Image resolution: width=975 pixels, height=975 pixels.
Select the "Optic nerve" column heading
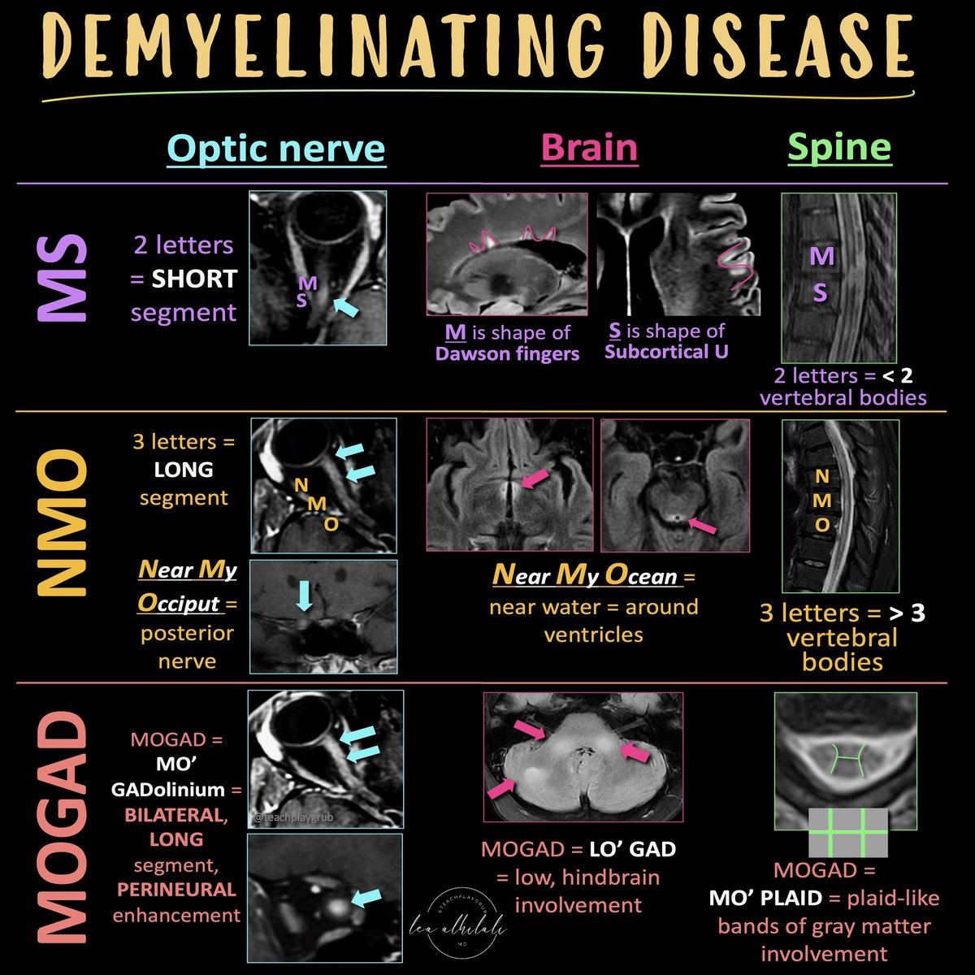tap(276, 148)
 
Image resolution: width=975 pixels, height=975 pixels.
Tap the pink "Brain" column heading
tap(589, 148)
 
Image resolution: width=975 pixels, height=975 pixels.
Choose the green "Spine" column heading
tap(839, 148)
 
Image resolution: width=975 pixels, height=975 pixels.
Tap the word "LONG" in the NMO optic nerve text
tap(184, 470)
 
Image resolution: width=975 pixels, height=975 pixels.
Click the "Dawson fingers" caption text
tap(507, 353)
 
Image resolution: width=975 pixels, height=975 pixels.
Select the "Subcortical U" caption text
tap(666, 352)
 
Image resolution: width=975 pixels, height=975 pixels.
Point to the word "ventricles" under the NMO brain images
tap(593, 634)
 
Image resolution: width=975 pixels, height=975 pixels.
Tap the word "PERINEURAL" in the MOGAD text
tap(176, 889)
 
